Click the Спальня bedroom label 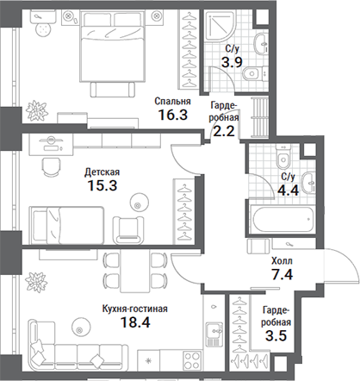pos(172,102)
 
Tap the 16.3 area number pos(173,115)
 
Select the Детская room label pos(102,172)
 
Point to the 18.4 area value pos(135,322)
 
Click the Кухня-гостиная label pos(135,309)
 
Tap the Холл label pos(282,261)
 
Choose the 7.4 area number pos(282,274)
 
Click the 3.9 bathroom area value pos(232,61)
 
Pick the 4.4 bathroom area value pos(288,190)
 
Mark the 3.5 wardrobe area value pos(276,335)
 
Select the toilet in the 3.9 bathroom pos(255,74)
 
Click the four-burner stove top pos(192,361)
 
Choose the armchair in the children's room pos(128,230)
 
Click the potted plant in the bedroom pos(36,110)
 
